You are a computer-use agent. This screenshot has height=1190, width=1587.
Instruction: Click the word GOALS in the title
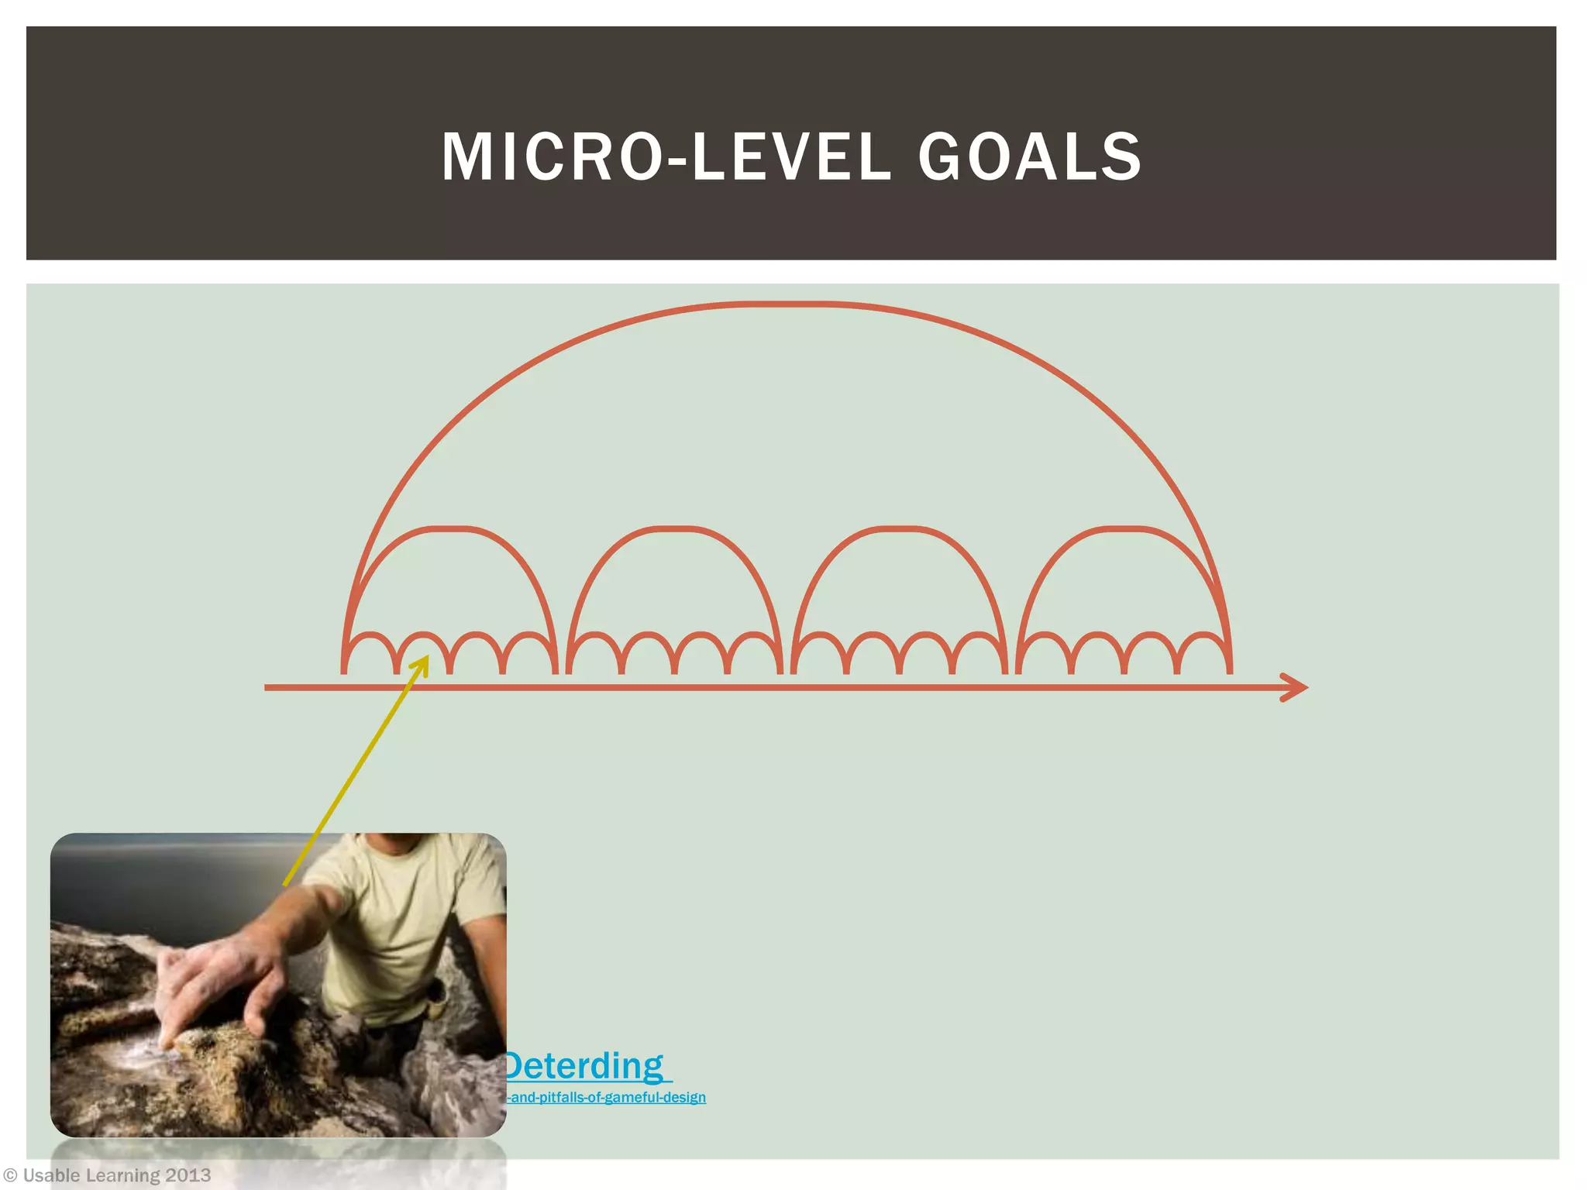pyautogui.click(x=1030, y=157)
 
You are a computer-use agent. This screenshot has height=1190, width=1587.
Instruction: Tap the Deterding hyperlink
pyautogui.click(x=585, y=1066)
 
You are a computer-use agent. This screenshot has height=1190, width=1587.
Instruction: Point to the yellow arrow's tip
pyautogui.click(x=426, y=659)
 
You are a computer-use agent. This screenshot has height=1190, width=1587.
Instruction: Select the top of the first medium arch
pyautogui.click(x=449, y=529)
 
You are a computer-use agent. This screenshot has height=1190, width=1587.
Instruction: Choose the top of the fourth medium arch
pyautogui.click(x=1123, y=529)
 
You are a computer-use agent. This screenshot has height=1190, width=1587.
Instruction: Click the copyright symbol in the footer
pyautogui.click(x=11, y=1176)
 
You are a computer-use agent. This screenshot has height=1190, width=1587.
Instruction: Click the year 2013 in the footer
pyautogui.click(x=188, y=1176)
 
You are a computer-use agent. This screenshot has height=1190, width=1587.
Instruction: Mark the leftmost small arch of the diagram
pyautogui.click(x=370, y=637)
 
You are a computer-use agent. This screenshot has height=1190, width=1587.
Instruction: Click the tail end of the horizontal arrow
pyautogui.click(x=268, y=687)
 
